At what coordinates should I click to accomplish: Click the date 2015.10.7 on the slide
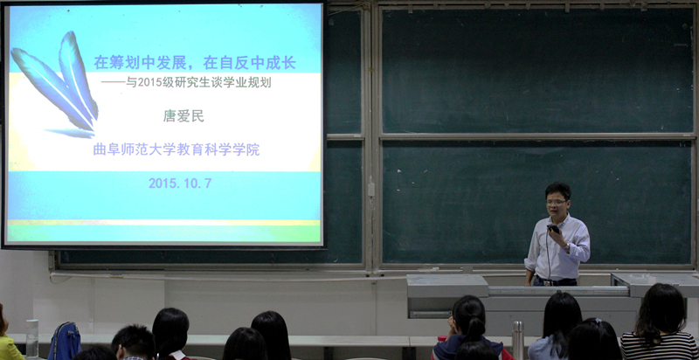(x=180, y=183)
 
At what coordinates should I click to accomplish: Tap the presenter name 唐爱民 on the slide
(x=183, y=116)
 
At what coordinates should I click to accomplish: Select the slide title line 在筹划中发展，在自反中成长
(x=195, y=63)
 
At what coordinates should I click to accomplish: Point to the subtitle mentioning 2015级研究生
(x=198, y=83)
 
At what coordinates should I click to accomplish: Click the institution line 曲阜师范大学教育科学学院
(x=176, y=149)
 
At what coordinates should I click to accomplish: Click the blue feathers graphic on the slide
(x=56, y=82)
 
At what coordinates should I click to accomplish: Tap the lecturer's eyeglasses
(x=556, y=202)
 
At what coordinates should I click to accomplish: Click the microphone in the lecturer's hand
(x=553, y=229)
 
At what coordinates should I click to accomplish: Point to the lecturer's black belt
(x=555, y=281)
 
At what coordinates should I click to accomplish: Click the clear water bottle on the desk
(x=32, y=339)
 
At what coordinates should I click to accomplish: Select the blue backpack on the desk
(x=65, y=341)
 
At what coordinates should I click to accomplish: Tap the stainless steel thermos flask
(x=517, y=341)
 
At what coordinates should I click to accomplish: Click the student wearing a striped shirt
(x=659, y=322)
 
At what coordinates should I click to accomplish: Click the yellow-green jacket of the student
(x=10, y=348)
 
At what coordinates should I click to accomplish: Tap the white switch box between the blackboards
(x=370, y=189)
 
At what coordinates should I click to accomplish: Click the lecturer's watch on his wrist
(x=566, y=246)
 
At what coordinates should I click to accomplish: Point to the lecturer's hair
(x=557, y=190)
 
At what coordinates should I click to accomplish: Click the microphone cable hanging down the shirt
(x=549, y=255)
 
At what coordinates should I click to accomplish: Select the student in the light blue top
(x=554, y=327)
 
